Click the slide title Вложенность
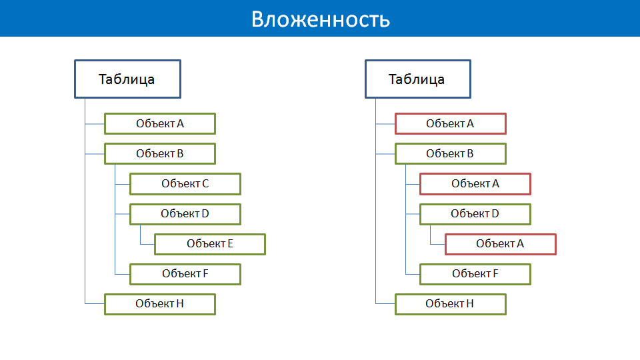321,19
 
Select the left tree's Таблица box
127,79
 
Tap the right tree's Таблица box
418,79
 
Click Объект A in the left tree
160,124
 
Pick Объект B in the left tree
160,154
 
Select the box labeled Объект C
185,184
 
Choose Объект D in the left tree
185,214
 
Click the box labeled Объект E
210,244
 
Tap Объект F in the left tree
185,274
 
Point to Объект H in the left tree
160,304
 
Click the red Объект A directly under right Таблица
451,124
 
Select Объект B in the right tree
451,154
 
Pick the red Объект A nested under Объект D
501,244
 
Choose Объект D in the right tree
475,214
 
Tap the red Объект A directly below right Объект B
475,184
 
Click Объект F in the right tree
475,274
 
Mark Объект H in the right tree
451,304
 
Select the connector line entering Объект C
123,184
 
